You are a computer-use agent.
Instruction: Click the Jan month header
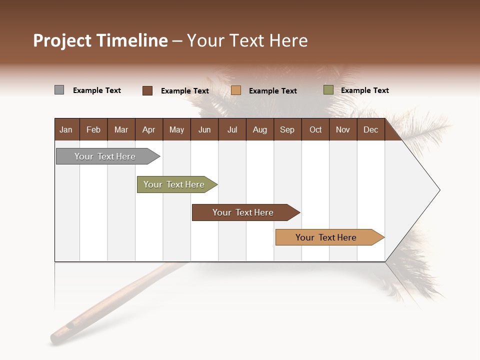pos(66,129)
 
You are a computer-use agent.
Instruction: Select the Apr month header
pos(149,129)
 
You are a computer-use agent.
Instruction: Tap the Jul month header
pos(232,129)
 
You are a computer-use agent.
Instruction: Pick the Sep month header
pos(287,129)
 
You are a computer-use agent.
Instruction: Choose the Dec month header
pos(370,129)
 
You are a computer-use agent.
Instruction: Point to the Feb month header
pos(93,129)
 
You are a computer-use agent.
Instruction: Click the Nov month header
pos(342,129)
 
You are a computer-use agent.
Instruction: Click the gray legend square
pos(59,90)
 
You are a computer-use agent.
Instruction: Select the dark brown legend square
pos(147,90)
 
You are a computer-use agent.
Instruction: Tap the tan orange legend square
pos(236,90)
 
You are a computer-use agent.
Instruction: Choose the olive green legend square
pos(328,90)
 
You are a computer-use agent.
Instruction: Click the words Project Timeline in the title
pos(100,40)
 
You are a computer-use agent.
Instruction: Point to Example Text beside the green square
pos(364,90)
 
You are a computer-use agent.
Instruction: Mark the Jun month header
pos(204,129)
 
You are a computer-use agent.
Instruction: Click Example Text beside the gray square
pos(97,90)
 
